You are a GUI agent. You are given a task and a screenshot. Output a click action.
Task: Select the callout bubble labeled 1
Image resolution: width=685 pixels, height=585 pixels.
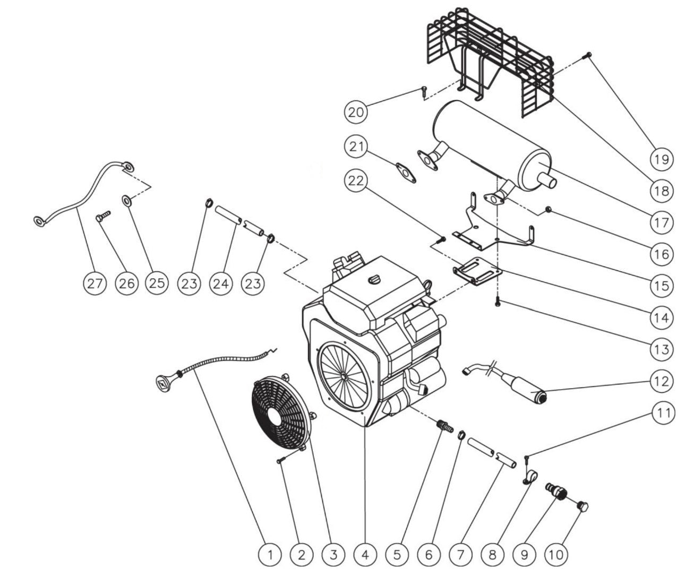point(270,555)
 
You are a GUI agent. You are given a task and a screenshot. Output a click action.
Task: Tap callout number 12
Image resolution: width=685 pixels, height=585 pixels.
point(661,381)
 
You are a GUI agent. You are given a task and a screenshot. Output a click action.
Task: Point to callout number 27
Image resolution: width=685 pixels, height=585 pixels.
point(95,283)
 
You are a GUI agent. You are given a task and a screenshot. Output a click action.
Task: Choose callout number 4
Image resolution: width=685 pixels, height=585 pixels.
point(365,555)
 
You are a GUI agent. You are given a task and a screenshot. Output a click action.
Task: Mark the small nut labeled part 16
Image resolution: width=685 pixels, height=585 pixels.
point(549,211)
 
